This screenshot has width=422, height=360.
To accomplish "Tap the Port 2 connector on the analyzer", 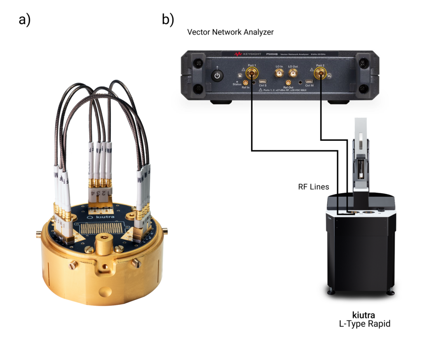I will (320, 74).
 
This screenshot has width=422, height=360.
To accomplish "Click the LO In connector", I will (279, 73).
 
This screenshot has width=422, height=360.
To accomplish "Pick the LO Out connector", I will (293, 73).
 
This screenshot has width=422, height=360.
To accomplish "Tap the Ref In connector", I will (246, 82).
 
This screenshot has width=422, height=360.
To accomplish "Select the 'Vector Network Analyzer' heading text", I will (230, 32).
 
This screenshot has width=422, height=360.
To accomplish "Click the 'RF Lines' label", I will (314, 187).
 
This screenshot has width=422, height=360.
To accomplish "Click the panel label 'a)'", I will (25, 20).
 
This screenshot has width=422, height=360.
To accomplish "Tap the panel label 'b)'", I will (168, 20).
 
